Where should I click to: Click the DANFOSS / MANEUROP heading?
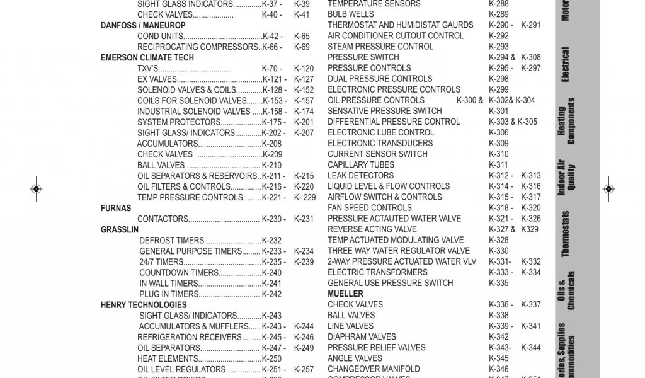143,26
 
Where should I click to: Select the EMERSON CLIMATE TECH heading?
147,58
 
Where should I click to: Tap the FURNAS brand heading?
116,208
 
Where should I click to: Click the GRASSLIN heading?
120,230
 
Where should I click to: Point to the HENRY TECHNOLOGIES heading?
144,305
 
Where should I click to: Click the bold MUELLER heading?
345,294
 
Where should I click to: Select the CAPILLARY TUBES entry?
361,165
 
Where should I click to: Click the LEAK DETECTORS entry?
360,176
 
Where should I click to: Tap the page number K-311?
498,165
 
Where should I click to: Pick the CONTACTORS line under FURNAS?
163,219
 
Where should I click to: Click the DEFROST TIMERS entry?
171,241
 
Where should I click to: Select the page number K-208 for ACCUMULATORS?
271,144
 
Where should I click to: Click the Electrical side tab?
565,65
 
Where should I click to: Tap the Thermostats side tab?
565,234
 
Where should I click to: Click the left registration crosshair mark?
36,188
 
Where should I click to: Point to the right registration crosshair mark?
608,188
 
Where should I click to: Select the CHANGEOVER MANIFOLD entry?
374,369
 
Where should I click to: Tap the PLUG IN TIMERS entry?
169,294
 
